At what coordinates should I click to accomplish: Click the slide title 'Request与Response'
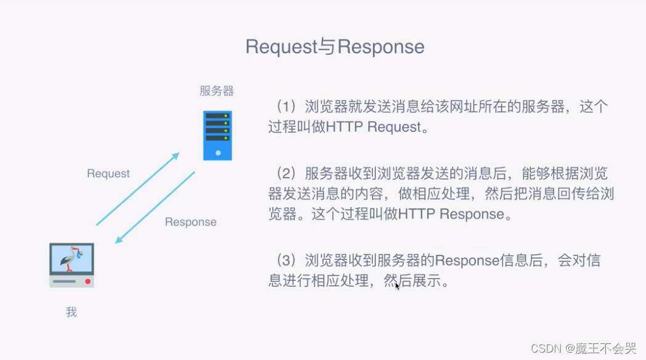point(335,47)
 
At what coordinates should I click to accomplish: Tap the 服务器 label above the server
point(216,91)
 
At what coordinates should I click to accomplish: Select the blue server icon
point(218,136)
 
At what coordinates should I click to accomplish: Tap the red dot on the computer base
point(88,281)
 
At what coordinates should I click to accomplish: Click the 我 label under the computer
point(72,313)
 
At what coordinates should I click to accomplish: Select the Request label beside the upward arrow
point(108,174)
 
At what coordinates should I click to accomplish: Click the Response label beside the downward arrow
point(190,222)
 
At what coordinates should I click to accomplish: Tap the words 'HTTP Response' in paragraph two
point(451,214)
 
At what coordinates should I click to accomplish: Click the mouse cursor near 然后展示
point(398,286)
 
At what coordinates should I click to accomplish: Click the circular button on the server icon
point(218,152)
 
